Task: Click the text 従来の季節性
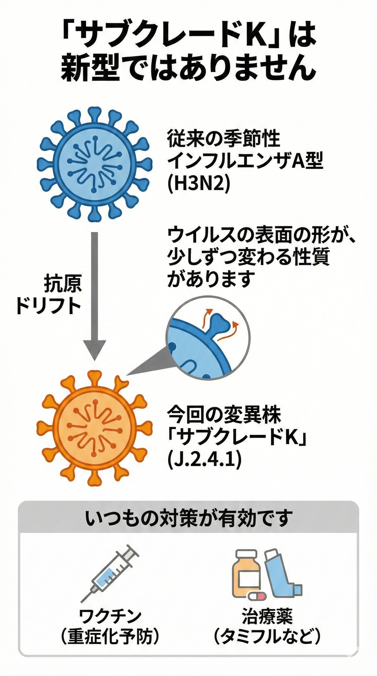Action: (x=224, y=139)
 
